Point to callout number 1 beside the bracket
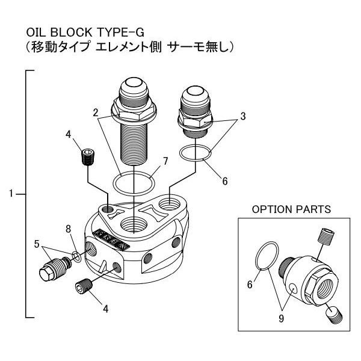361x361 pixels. [x=11, y=194]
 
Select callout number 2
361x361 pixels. [x=96, y=112]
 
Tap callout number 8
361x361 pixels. [x=69, y=228]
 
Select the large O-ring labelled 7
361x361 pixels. [x=132, y=182]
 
